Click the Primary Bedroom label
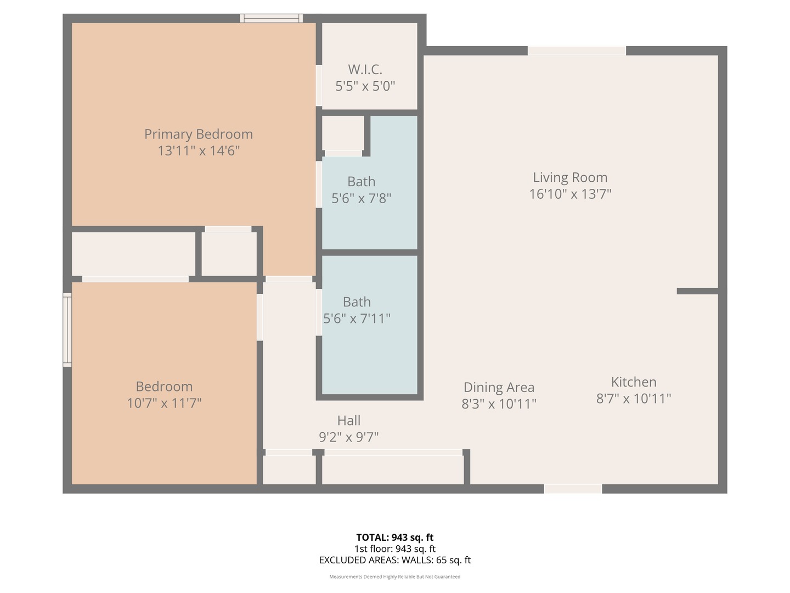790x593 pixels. pyautogui.click(x=198, y=135)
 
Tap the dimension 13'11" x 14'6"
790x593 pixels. pyautogui.click(x=198, y=150)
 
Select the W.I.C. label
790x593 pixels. pyautogui.click(x=365, y=69)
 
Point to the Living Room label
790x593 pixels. pyautogui.click(x=570, y=177)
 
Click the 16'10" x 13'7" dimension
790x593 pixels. pyautogui.click(x=570, y=194)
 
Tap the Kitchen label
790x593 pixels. pyautogui.click(x=634, y=382)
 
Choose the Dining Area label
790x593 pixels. pyautogui.click(x=499, y=387)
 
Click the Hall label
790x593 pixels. pyautogui.click(x=349, y=420)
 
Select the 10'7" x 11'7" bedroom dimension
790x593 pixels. pyautogui.click(x=164, y=403)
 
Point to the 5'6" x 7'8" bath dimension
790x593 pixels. pyautogui.click(x=361, y=198)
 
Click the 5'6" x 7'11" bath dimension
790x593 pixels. pyautogui.click(x=357, y=318)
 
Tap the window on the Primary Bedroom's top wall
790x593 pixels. pyautogui.click(x=272, y=18)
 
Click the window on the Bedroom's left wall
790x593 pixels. pyautogui.click(x=67, y=330)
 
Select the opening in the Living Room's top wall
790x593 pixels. pyautogui.click(x=577, y=51)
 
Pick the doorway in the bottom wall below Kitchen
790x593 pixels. pyautogui.click(x=573, y=489)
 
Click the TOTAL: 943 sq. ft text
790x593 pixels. pyautogui.click(x=395, y=538)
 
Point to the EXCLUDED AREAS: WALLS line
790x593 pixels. pyautogui.click(x=395, y=560)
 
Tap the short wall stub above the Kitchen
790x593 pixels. pyautogui.click(x=697, y=291)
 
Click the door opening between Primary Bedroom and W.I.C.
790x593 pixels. pyautogui.click(x=319, y=85)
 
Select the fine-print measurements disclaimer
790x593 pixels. pyautogui.click(x=395, y=577)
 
